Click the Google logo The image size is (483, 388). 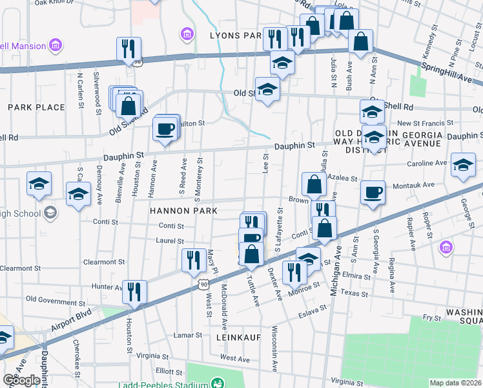pos(21,380)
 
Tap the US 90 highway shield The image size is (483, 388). pos(203,284)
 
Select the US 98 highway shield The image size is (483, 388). pos(138,61)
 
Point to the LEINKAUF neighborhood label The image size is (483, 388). pos(229,336)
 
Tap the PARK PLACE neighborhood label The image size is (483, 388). pos(36,107)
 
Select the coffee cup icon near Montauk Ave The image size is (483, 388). pos(373,192)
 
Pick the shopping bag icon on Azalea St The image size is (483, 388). pos(314,185)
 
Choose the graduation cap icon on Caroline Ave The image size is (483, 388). pos(463,165)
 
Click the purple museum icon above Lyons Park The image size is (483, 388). pos(187,33)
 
